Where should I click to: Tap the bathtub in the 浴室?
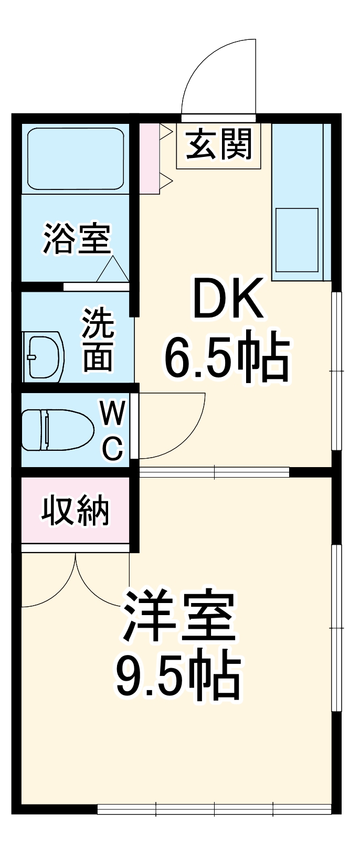click(76, 158)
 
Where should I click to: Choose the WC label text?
click(112, 430)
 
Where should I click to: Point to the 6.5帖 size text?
click(227, 360)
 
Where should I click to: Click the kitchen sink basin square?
click(297, 239)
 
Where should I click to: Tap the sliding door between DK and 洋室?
click(214, 472)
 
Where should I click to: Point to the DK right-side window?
click(337, 371)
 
